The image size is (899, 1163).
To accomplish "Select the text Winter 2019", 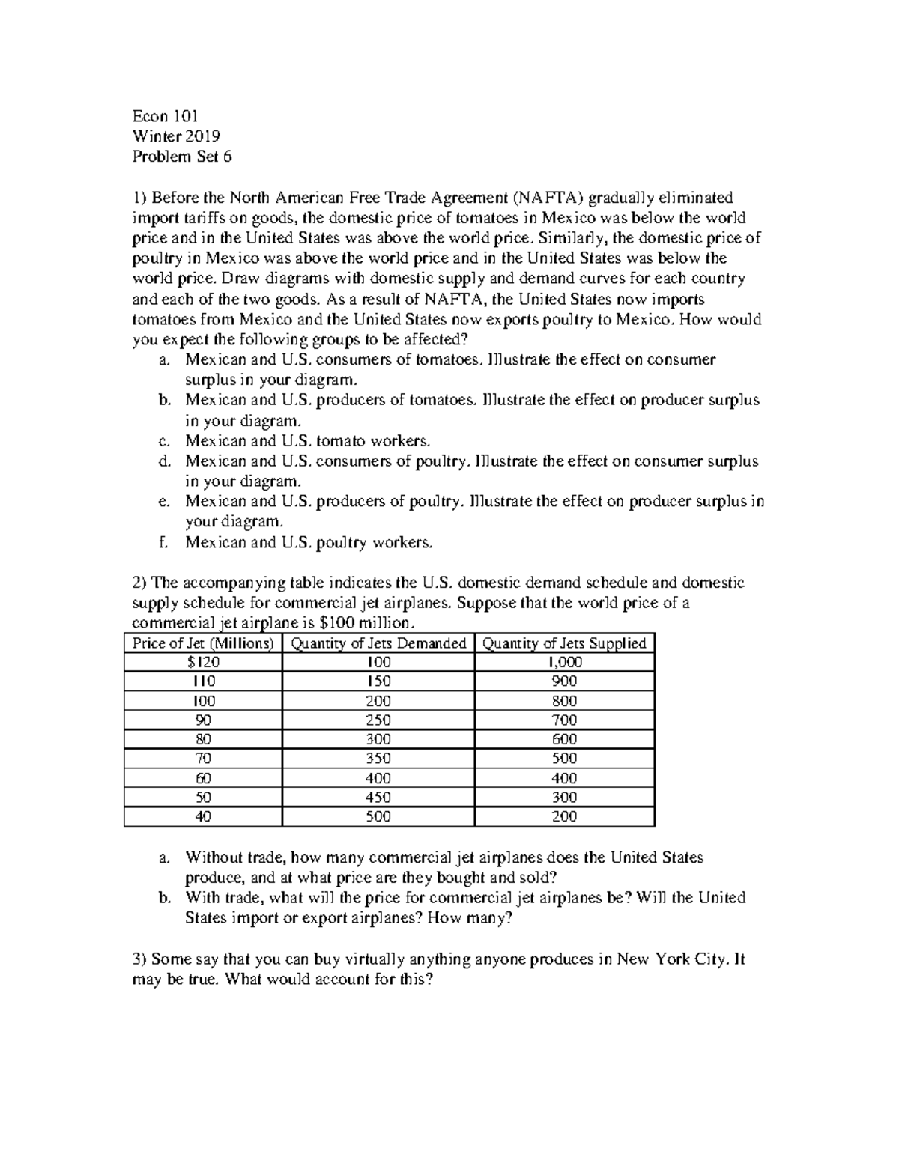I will (176, 136).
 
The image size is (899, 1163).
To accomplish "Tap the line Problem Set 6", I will (182, 157).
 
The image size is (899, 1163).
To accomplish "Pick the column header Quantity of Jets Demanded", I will (378, 643).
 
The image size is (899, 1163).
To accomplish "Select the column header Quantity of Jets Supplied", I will (564, 643).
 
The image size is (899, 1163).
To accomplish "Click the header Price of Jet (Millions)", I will (203, 643).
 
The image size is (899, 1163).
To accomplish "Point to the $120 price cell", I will (203, 662).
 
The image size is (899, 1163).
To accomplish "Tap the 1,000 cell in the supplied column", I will (564, 662).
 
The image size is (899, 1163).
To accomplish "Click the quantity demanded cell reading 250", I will (378, 720).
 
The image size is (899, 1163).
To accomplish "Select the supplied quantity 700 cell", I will (564, 720).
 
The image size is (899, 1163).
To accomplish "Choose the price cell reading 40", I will (203, 817).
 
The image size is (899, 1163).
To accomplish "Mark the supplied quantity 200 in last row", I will (564, 817).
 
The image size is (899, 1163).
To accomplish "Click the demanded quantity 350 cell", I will (378, 759).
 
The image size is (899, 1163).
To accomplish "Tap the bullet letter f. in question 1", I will (163, 542).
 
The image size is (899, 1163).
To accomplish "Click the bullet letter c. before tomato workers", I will (163, 441).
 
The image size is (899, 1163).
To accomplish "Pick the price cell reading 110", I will (203, 681).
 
